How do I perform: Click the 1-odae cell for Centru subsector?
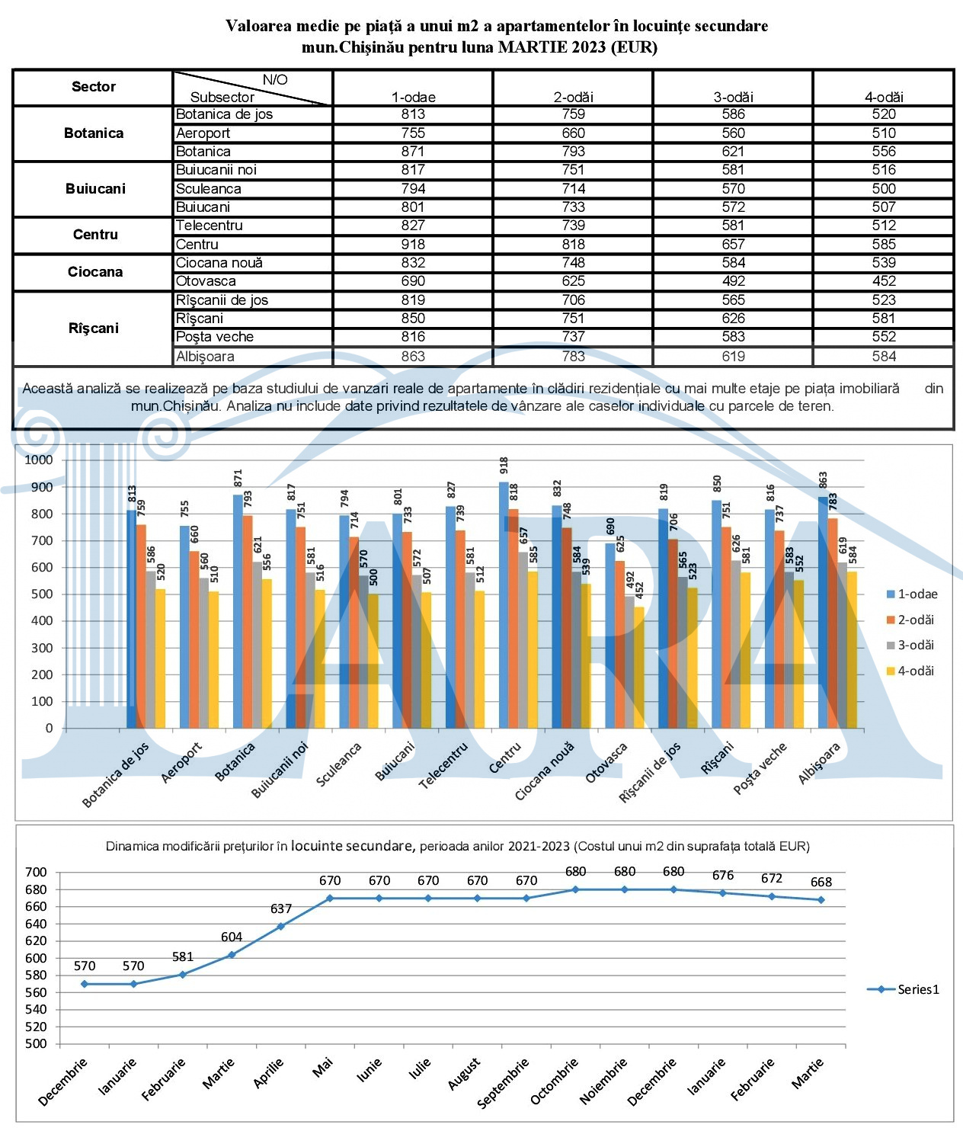[413, 244]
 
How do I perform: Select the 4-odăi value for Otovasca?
[884, 281]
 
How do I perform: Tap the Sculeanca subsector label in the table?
[208, 189]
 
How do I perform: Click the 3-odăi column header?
[733, 97]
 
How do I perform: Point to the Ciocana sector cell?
[94, 272]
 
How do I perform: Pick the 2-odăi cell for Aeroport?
[573, 133]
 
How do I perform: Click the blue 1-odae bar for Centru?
[504, 604]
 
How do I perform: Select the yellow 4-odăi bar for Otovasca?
[639, 668]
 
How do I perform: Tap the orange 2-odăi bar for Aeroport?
[194, 639]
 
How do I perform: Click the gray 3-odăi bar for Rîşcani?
[735, 644]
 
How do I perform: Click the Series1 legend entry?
[903, 989]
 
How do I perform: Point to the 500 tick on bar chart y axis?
[42, 594]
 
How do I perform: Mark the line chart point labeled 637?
[280, 926]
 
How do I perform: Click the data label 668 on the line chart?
[821, 882]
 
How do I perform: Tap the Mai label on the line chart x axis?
[322, 1068]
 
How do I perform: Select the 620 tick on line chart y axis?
[36, 941]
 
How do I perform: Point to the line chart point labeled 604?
[232, 955]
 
